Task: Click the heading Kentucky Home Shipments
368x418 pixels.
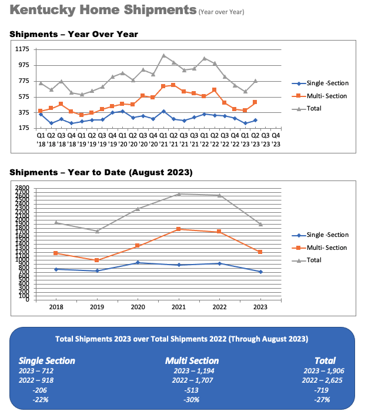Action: (x=103, y=10)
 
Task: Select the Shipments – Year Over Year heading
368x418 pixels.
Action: (x=73, y=34)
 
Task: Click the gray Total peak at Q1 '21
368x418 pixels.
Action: (x=163, y=55)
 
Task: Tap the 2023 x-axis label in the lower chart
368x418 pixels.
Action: (x=260, y=307)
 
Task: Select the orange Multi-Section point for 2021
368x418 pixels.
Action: (x=178, y=229)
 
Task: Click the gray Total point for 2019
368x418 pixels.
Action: (x=97, y=231)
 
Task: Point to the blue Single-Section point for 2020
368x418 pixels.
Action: (x=138, y=263)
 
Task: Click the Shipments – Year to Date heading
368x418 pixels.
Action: (x=101, y=172)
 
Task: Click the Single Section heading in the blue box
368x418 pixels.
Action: (x=47, y=360)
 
